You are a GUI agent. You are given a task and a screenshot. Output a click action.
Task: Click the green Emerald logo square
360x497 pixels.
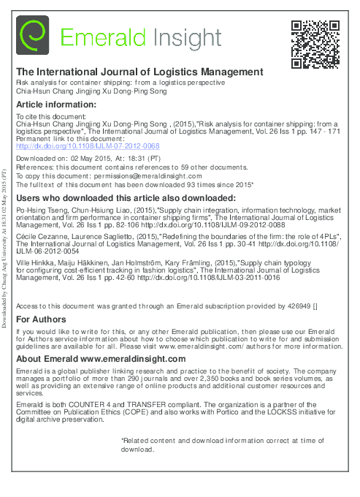coord(33,37)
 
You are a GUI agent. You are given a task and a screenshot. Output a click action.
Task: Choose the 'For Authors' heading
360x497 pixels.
coord(41,319)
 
